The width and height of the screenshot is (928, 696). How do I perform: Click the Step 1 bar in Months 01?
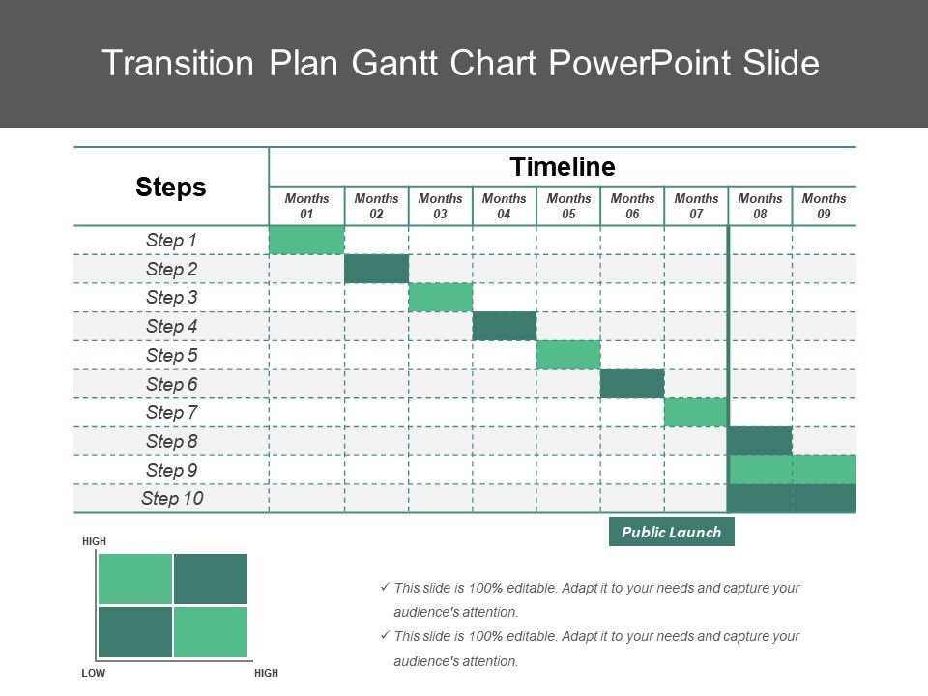[x=306, y=241]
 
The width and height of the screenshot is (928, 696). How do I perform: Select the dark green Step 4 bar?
[x=505, y=326]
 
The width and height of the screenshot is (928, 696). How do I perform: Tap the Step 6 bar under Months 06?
[x=632, y=384]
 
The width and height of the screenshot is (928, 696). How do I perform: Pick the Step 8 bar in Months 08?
[x=760, y=441]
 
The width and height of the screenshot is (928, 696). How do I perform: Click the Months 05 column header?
[x=568, y=206]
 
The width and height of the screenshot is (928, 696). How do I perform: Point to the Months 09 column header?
[x=824, y=206]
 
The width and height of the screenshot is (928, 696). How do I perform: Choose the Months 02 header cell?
[x=376, y=206]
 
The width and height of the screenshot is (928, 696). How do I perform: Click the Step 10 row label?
[x=172, y=499]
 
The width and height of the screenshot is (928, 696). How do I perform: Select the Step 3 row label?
[x=172, y=297]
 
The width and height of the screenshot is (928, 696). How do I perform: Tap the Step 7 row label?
[x=172, y=412]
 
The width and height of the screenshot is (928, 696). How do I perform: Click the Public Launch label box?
[x=672, y=532]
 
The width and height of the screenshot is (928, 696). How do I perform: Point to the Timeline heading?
[x=563, y=167]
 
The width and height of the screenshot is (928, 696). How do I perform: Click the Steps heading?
[x=170, y=187]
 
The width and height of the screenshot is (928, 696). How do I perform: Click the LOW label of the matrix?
[x=94, y=673]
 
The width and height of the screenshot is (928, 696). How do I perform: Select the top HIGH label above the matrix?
[x=94, y=541]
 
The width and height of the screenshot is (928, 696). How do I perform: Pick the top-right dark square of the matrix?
[x=211, y=579]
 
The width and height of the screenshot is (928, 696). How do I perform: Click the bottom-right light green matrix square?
[x=211, y=632]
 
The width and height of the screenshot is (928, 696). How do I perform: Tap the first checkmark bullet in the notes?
[x=385, y=587]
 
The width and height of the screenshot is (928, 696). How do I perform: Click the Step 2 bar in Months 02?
[x=376, y=269]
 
